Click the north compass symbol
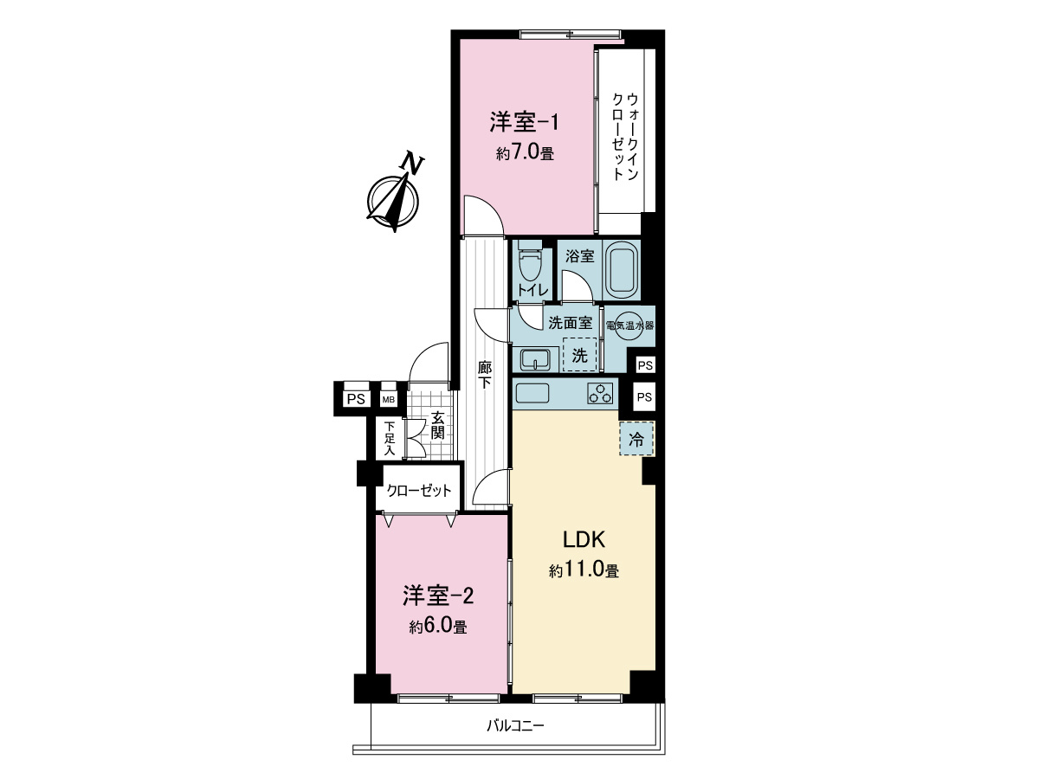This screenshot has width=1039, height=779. [394, 197]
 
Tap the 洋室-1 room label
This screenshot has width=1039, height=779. [524, 122]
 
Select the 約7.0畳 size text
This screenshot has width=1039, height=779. [525, 154]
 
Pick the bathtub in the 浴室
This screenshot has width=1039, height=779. [621, 269]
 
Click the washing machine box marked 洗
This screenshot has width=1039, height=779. [580, 354]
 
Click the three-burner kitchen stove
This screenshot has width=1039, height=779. [599, 393]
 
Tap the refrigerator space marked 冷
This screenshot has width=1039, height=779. [636, 439]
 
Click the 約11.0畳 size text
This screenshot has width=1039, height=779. [583, 571]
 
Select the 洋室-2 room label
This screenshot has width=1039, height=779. [438, 596]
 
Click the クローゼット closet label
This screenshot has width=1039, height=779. [419, 491]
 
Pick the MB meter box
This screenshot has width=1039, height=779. [389, 400]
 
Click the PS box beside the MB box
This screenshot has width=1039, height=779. [355, 399]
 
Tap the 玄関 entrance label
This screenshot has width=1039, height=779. [438, 424]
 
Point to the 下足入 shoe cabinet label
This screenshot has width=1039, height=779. [390, 438]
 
